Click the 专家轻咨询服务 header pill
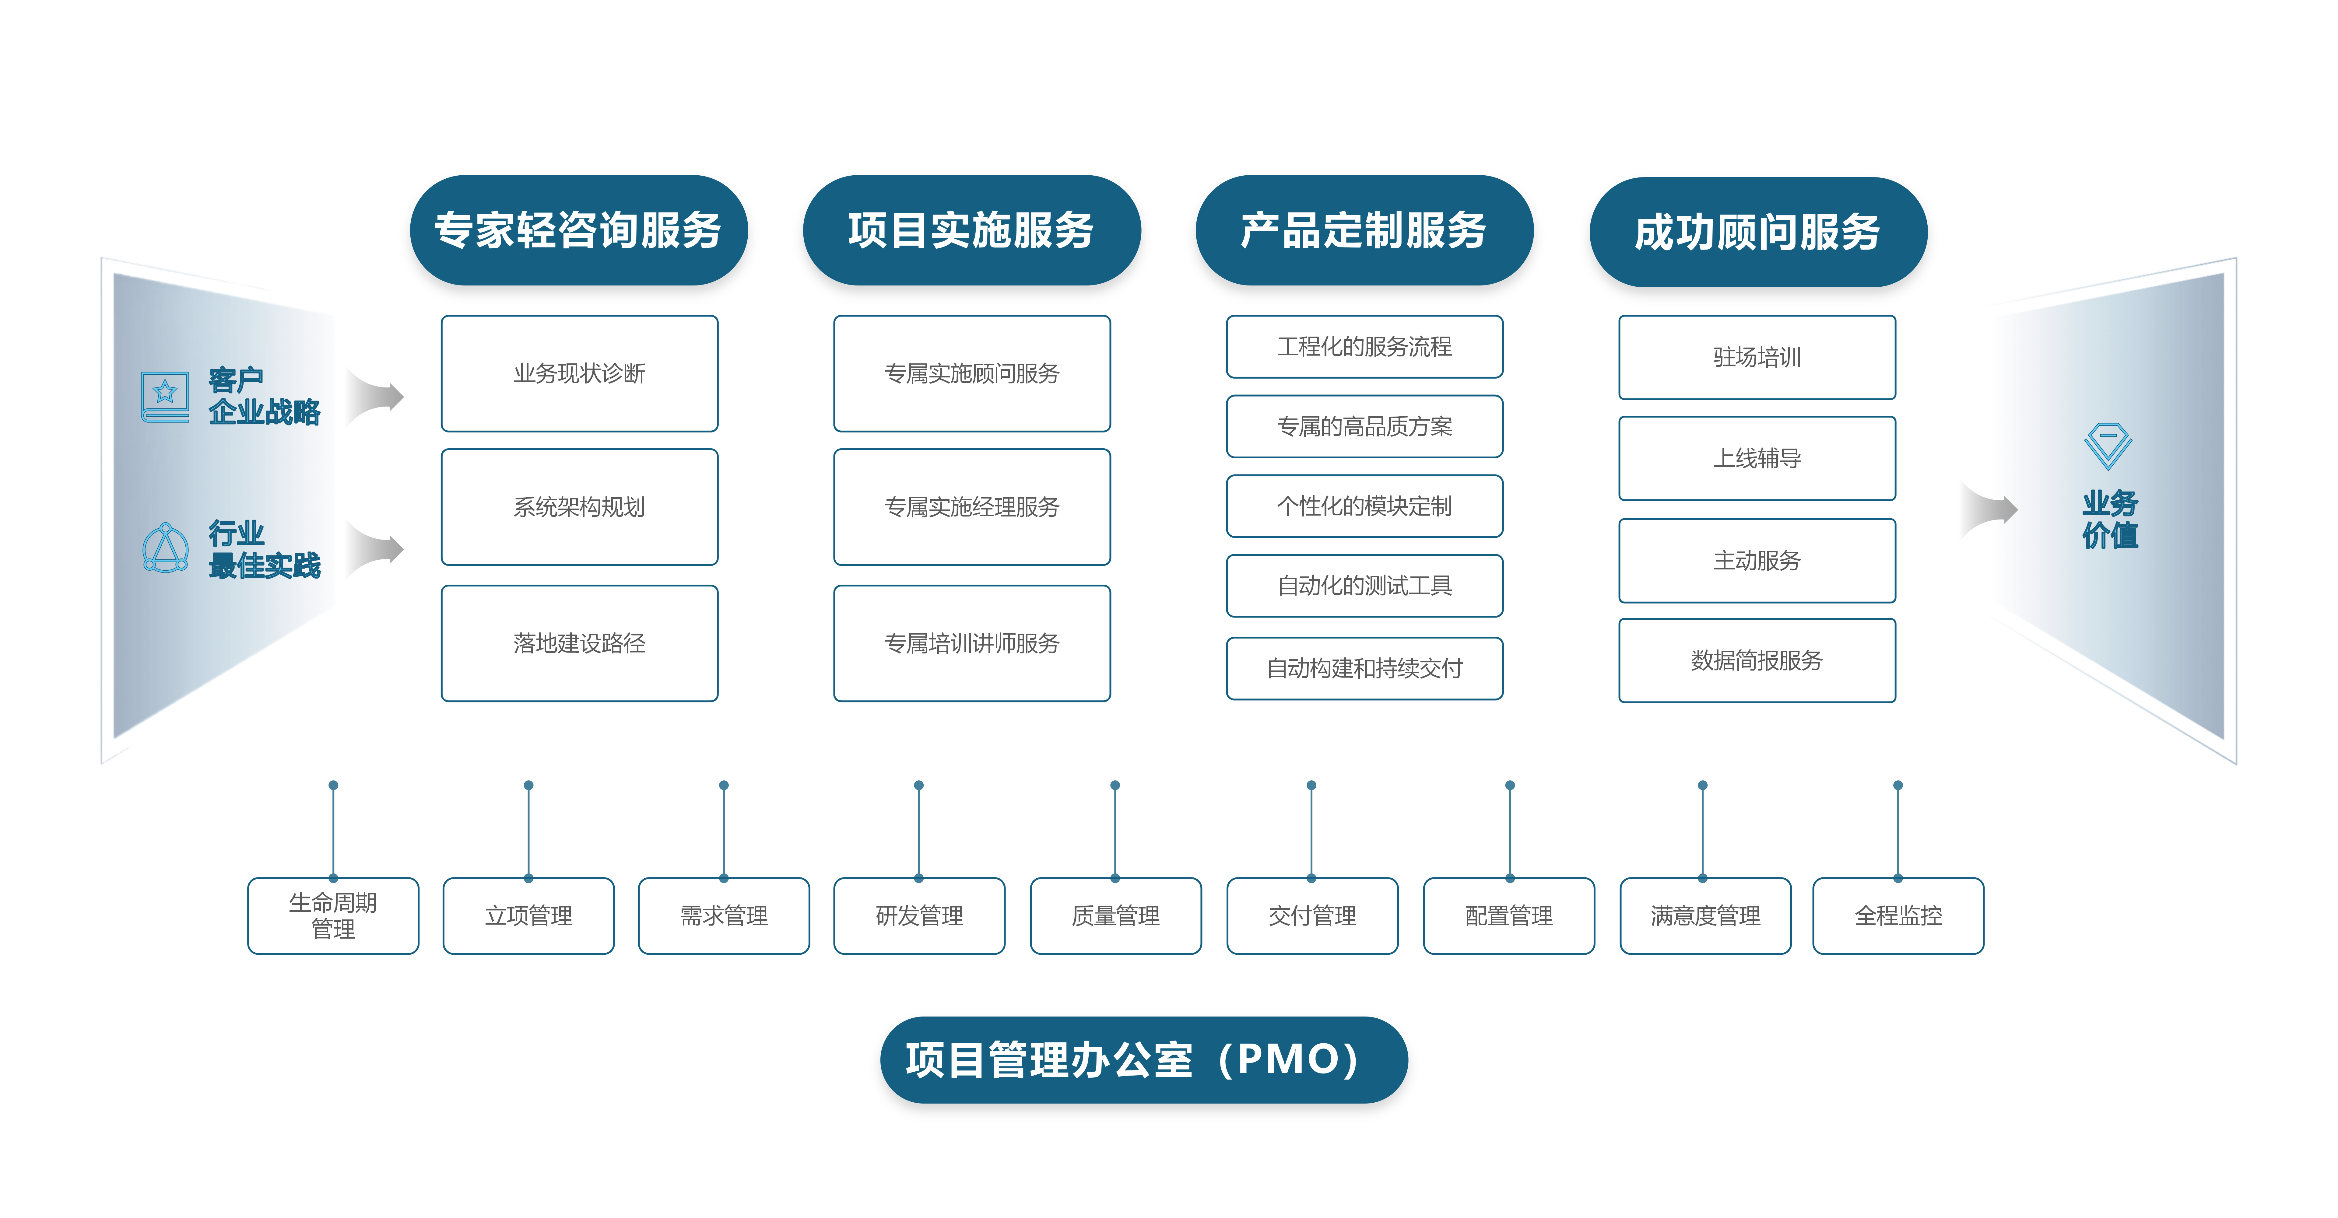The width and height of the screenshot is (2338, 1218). click(578, 230)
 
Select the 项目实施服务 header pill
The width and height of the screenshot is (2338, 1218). click(971, 230)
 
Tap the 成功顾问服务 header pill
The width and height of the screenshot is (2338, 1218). click(1757, 232)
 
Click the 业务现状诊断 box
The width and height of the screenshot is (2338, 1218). click(579, 373)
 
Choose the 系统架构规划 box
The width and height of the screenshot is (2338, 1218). click(579, 506)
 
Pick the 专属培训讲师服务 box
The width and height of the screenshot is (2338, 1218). click(971, 642)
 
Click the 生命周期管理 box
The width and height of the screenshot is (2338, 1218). click(333, 916)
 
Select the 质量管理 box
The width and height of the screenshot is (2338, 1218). click(1115, 916)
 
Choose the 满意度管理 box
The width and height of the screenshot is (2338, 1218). click(1704, 916)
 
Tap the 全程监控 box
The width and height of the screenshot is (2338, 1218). click(1898, 916)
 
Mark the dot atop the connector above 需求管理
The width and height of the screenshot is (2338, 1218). click(723, 785)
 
